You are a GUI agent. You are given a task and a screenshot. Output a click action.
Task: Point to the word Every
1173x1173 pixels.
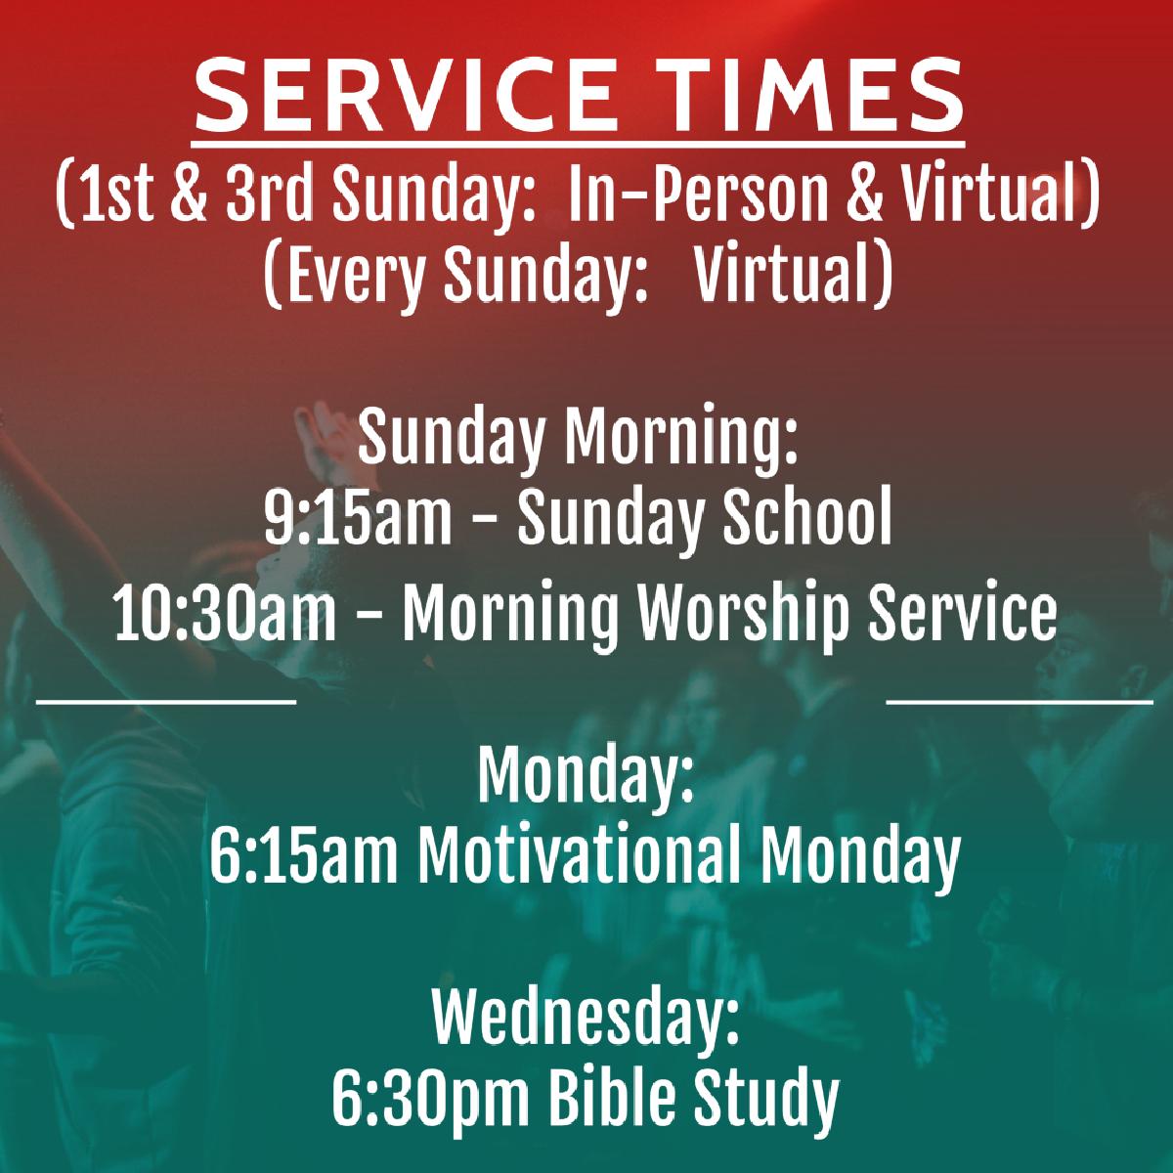tap(356, 276)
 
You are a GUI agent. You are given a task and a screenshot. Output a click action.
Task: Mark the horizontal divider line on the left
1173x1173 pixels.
tap(166, 702)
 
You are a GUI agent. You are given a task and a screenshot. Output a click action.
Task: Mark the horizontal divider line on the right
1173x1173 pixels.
tap(1020, 702)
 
